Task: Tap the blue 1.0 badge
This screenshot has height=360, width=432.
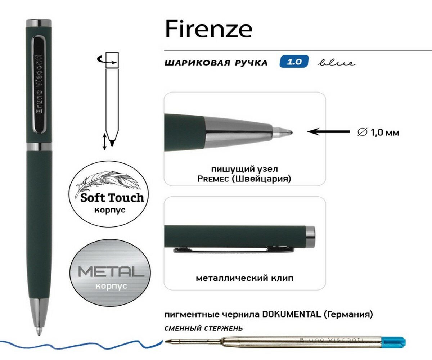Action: [x=294, y=62]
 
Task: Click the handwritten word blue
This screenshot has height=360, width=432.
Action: [x=336, y=63]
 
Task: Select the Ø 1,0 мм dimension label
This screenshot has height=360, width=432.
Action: [x=378, y=132]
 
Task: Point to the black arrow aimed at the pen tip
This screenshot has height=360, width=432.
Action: [x=328, y=132]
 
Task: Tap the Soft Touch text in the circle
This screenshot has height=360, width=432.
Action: [x=112, y=198]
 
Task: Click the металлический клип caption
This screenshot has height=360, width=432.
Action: [x=244, y=278]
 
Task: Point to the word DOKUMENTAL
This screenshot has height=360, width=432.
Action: [x=292, y=314]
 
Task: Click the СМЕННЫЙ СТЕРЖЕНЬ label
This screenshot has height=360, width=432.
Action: [x=203, y=328]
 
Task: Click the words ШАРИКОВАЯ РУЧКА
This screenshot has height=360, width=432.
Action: [x=216, y=63]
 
